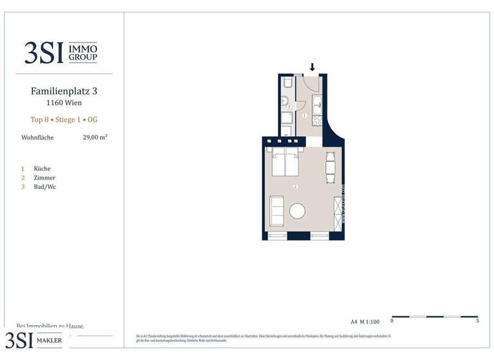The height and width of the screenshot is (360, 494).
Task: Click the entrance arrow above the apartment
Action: coord(313,67)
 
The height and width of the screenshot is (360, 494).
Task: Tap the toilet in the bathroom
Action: coord(287,84)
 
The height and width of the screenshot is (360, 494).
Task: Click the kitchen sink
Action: coord(316,102)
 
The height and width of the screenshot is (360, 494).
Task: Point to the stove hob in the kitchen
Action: coord(316,120)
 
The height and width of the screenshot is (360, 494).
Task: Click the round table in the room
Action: coord(298,211)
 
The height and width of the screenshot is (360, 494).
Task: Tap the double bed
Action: coord(286,163)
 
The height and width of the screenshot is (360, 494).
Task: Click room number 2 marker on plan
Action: coord(295,186)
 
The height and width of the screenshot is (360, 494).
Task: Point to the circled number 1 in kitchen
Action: coord(304,116)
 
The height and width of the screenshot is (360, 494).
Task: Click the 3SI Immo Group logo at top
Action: coord(60,52)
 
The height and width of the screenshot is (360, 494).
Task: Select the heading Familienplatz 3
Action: coord(64,91)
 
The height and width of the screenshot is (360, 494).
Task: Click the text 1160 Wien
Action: coord(64,103)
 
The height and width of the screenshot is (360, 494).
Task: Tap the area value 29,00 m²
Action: coord(95,137)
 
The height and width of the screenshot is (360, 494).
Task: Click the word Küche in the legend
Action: coord(42,168)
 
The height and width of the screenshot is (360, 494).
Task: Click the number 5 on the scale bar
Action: coord(477,321)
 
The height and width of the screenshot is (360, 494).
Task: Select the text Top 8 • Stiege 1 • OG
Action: coord(64,120)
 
